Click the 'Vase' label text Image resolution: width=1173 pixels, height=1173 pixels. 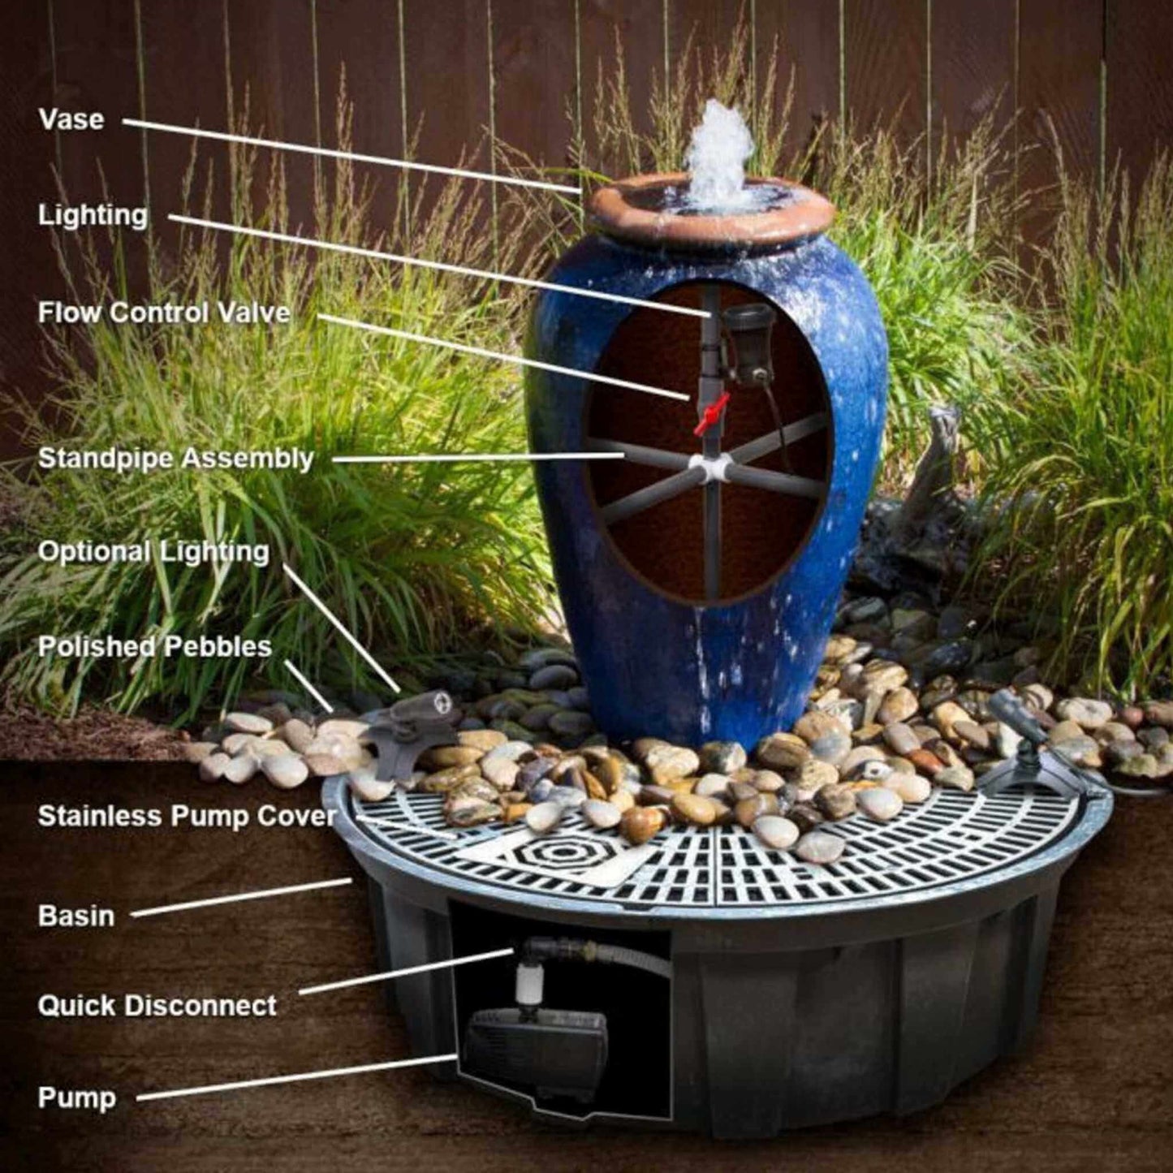71,119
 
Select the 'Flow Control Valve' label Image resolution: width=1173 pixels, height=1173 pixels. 164,313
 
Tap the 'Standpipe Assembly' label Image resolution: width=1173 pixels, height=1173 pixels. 175,459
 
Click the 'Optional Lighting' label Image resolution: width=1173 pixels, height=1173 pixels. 153,552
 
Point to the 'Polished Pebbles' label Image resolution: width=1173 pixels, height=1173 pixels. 154,646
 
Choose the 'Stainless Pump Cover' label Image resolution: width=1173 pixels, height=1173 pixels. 187,817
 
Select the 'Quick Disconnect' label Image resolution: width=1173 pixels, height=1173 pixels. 157,1006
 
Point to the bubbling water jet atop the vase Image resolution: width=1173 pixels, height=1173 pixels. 718,152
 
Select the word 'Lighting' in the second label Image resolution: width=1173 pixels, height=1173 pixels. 93,217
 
